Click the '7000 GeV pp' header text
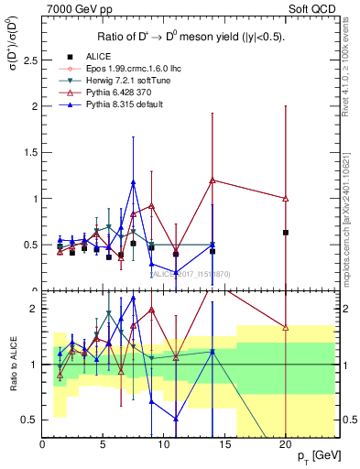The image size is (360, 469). click(x=73, y=9)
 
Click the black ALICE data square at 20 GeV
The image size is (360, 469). click(x=286, y=233)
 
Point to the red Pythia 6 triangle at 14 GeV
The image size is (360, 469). click(x=213, y=180)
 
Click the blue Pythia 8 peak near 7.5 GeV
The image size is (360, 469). click(x=134, y=182)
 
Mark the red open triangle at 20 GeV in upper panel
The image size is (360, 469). click(x=286, y=199)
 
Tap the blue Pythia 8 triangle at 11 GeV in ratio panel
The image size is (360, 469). click(x=176, y=419)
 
